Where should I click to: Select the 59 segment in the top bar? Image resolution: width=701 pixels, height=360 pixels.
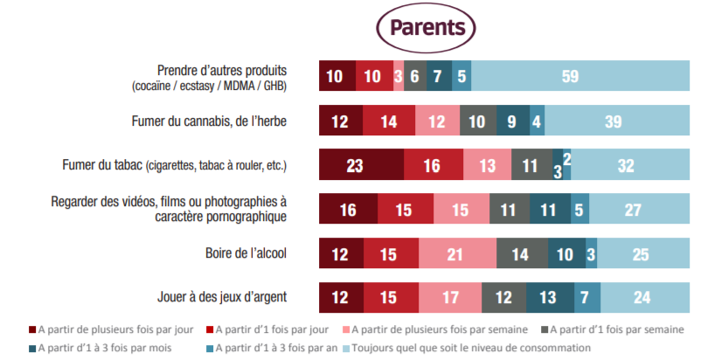[x=570, y=76]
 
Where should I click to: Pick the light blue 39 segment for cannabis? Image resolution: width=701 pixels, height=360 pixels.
[x=614, y=121]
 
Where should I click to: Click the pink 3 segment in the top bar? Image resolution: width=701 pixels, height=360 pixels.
[x=399, y=76]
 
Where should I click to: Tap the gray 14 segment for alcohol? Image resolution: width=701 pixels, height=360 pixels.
[x=522, y=254]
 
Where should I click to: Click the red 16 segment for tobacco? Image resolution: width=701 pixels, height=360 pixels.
[x=433, y=165]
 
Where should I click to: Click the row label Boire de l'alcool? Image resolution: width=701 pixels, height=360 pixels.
[x=246, y=254]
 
